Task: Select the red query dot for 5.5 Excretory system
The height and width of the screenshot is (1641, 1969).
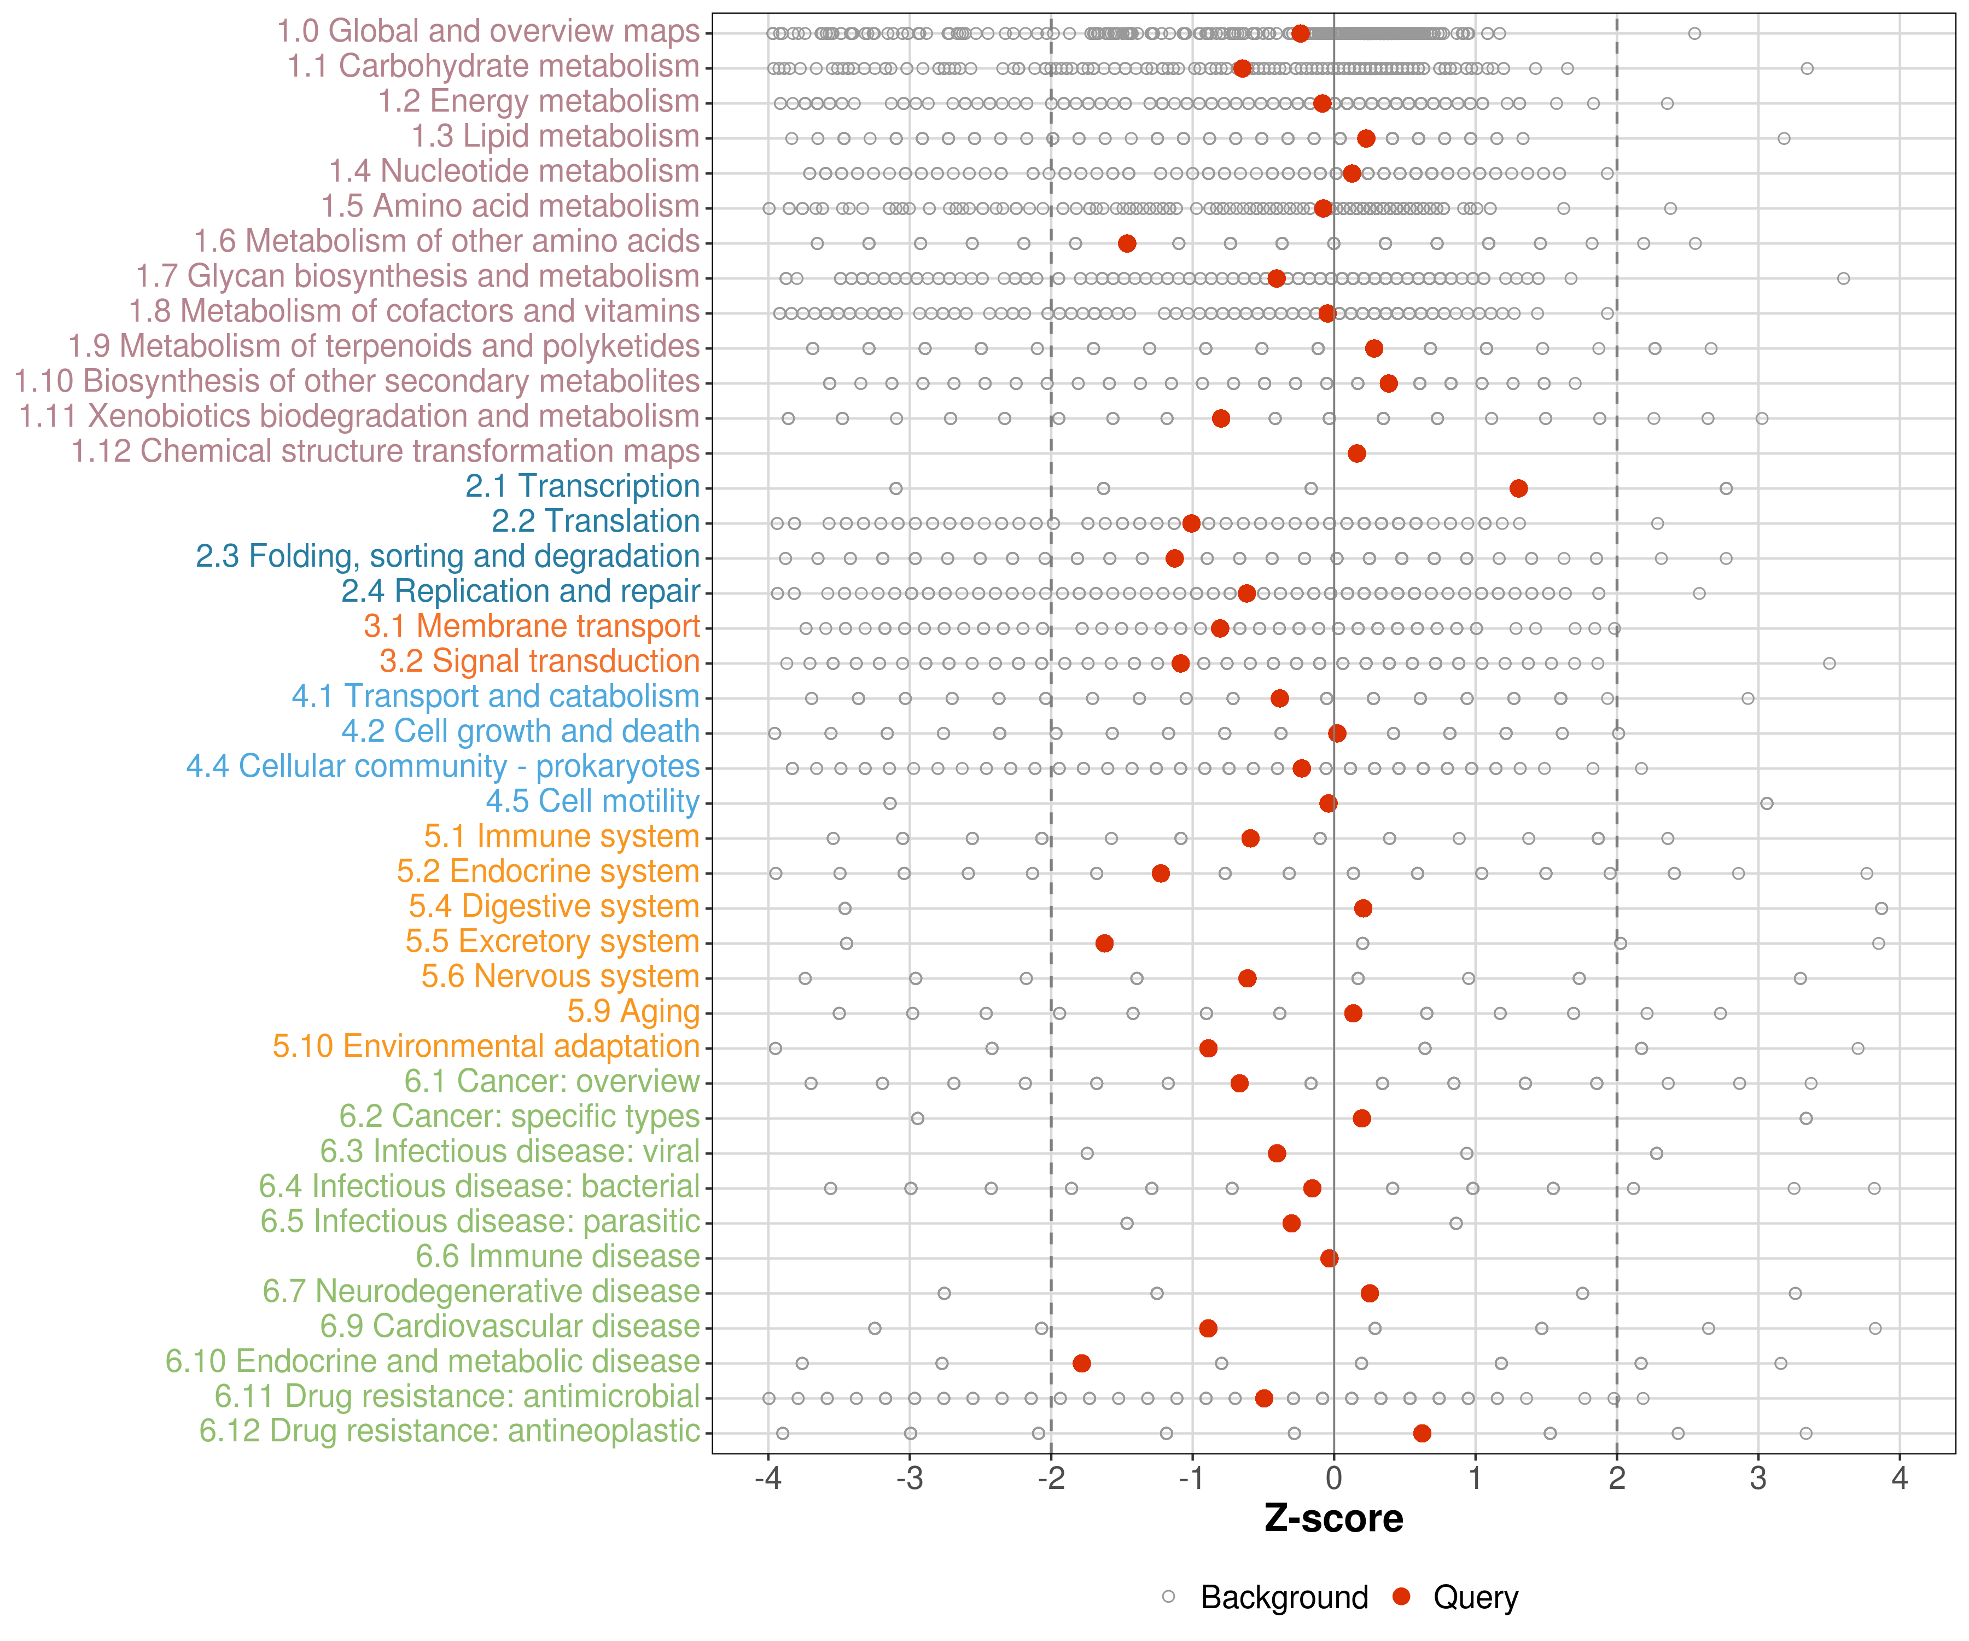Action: (x=1104, y=944)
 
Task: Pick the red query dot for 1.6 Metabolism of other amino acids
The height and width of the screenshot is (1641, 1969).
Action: (x=1127, y=244)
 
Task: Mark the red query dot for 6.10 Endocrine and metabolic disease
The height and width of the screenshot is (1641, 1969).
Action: (x=1081, y=1364)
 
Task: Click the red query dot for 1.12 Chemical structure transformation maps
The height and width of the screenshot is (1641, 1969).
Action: (x=1357, y=454)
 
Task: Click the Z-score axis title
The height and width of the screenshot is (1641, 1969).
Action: (x=1333, y=1519)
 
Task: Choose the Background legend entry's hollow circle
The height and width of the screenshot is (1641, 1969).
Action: (x=1168, y=1597)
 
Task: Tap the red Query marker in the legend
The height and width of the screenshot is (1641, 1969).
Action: (x=1402, y=1597)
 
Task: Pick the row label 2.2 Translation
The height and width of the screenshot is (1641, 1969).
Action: (x=596, y=521)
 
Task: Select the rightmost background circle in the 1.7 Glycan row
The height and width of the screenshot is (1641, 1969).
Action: (x=1843, y=278)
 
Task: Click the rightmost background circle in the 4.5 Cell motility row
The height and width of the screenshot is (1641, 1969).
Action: (x=1767, y=804)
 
